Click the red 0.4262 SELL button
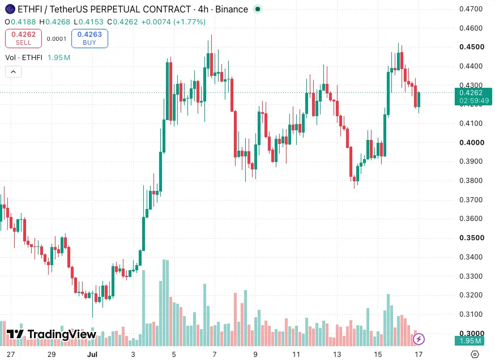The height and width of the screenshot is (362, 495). click(x=23, y=39)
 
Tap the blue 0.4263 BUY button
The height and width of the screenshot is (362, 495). click(x=89, y=39)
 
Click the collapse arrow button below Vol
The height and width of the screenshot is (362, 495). click(x=13, y=72)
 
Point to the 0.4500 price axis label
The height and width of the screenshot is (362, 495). click(x=472, y=47)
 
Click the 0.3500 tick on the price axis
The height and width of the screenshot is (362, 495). click(x=472, y=238)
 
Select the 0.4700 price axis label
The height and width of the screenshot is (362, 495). click(x=471, y=9)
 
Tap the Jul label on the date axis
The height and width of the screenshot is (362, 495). click(x=92, y=355)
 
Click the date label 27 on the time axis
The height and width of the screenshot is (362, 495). click(x=11, y=355)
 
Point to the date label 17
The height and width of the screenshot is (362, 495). click(x=419, y=355)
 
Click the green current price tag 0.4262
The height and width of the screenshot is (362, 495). click(x=473, y=97)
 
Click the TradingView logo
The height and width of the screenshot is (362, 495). click(x=51, y=334)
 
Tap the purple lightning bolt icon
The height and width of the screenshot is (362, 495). click(x=419, y=339)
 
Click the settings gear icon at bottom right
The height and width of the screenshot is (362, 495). click(x=475, y=355)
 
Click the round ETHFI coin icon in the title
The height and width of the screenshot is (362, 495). click(x=10, y=9)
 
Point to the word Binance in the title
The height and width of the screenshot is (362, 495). click(x=232, y=10)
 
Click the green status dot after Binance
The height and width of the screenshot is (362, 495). click(x=258, y=9)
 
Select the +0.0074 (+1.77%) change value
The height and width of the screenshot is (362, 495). click(x=173, y=22)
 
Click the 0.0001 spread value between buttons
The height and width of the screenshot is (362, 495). click(x=57, y=39)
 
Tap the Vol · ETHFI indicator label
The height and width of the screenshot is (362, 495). click(x=24, y=57)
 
